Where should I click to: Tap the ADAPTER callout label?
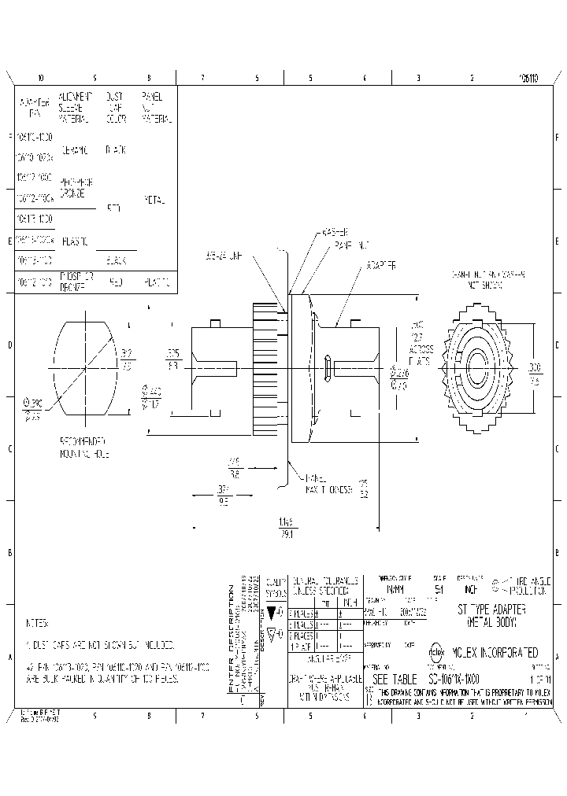[380, 266]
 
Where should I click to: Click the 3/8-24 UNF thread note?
[223, 256]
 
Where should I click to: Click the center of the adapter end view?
[478, 363]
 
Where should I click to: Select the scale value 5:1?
[439, 588]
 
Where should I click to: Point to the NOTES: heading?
[37, 622]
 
